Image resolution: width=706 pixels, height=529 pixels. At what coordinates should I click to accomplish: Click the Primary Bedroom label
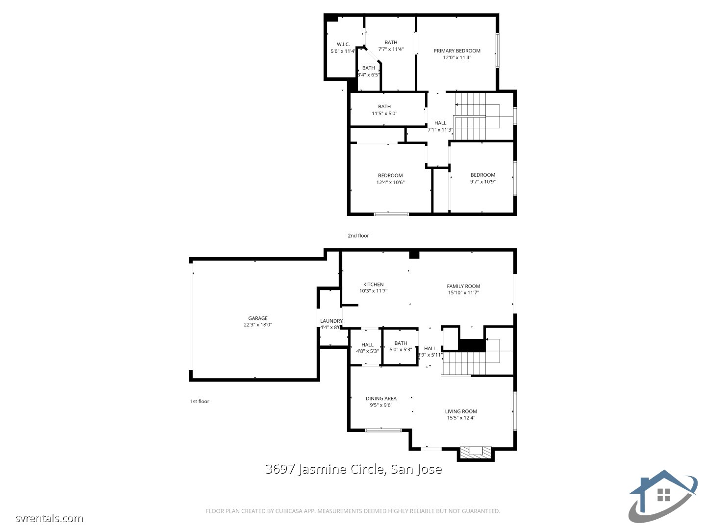click(x=457, y=51)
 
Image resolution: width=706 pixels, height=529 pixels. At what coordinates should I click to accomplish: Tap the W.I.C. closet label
click(x=343, y=45)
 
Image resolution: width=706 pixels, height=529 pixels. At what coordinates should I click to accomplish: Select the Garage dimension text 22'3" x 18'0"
click(x=258, y=325)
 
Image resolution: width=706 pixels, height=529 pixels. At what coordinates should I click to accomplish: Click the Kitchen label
click(x=373, y=285)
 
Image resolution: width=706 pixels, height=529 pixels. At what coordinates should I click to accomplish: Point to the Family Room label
click(x=463, y=287)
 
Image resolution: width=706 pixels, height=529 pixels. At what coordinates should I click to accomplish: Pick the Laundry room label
click(x=331, y=321)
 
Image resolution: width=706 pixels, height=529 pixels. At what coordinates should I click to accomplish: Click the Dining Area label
click(x=381, y=399)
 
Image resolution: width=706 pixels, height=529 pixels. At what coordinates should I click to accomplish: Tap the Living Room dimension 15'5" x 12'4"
click(x=461, y=418)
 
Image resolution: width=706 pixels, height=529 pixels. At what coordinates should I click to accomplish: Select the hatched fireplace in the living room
click(x=476, y=452)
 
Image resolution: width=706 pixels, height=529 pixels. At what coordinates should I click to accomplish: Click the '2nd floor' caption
click(x=358, y=236)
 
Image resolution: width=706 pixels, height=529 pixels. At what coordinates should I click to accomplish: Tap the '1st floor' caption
click(x=200, y=402)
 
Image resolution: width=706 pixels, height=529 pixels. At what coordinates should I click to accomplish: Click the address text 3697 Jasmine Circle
click(x=353, y=469)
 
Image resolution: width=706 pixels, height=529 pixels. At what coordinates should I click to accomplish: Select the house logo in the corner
click(x=663, y=496)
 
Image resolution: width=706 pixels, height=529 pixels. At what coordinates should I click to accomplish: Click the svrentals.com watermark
click(x=49, y=518)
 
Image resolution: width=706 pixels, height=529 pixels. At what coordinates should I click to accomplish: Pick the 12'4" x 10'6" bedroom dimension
click(x=390, y=183)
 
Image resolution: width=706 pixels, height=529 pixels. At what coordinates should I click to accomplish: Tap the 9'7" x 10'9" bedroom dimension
click(x=483, y=182)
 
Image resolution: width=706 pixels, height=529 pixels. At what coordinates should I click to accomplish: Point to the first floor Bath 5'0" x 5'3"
click(x=401, y=346)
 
